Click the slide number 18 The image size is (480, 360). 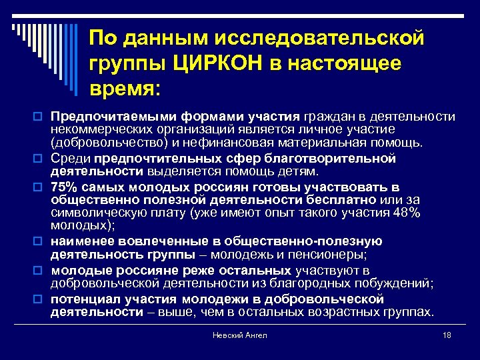tap(447, 335)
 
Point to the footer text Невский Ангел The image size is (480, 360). tap(241, 335)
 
